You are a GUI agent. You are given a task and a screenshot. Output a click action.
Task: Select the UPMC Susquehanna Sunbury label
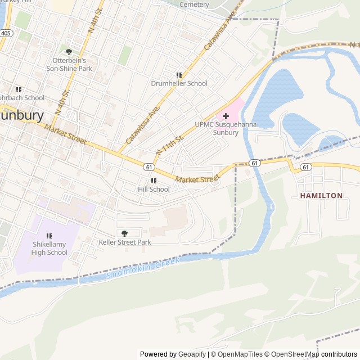click(217, 128)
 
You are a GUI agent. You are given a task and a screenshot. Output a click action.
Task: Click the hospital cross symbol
click(226, 116)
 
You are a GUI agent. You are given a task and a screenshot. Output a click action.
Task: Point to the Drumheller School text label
click(179, 83)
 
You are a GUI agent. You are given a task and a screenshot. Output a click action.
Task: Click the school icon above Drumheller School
click(179, 75)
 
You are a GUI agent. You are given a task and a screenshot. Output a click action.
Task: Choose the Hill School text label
click(154, 190)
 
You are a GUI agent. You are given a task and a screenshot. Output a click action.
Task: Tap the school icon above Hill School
click(154, 181)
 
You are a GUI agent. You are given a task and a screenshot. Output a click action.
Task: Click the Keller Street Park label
click(125, 242)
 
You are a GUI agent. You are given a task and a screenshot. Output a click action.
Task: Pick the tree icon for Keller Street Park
click(125, 233)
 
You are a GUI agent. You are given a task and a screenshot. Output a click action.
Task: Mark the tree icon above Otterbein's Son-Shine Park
click(69, 52)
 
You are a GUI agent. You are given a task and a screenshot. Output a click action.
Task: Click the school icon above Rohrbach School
click(19, 89)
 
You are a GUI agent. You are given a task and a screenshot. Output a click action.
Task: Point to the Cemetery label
click(194, 4)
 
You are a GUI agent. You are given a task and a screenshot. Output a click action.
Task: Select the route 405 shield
click(5, 34)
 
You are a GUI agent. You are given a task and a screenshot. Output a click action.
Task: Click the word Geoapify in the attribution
click(192, 354)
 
